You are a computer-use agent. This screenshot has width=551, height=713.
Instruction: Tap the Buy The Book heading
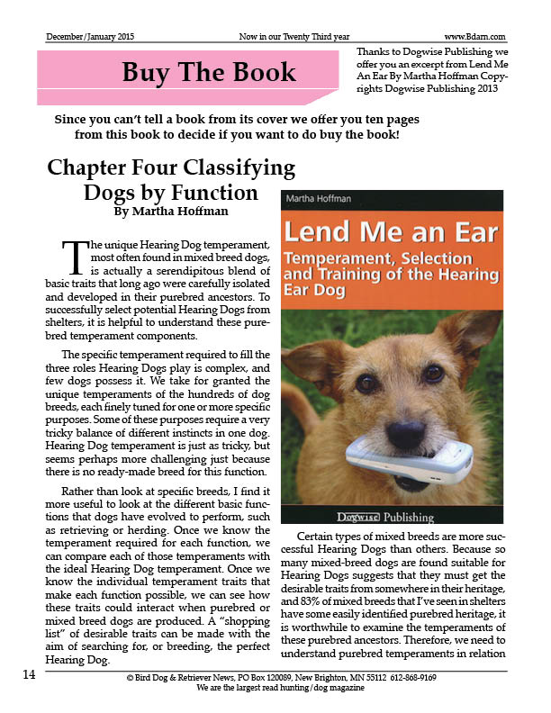click(208, 71)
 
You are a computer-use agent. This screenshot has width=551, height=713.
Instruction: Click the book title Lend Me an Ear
click(390, 232)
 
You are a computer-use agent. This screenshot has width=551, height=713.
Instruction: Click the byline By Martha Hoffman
click(171, 212)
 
